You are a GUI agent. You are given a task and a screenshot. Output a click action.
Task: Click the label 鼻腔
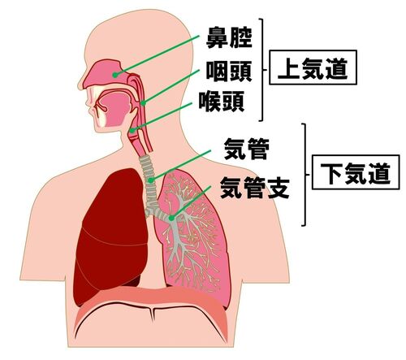[229, 37]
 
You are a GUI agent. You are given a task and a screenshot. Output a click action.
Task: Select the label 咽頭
[229, 71]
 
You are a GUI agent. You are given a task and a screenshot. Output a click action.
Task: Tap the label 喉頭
[222, 102]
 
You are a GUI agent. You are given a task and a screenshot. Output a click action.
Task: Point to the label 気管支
[255, 188]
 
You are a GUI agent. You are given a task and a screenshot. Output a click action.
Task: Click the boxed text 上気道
[313, 67]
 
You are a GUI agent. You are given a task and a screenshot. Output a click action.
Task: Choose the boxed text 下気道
[356, 172]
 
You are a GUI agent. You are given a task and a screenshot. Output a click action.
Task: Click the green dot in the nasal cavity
[115, 75]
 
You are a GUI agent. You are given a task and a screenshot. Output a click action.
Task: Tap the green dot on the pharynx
[144, 103]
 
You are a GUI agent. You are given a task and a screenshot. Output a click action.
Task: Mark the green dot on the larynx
[132, 130]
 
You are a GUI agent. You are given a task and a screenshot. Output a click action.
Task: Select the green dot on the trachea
[151, 180]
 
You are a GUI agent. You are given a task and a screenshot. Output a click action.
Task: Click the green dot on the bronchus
[171, 218]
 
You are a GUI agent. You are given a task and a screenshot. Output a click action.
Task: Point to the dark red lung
[111, 238]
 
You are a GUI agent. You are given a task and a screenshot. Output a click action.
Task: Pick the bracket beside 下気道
[306, 175]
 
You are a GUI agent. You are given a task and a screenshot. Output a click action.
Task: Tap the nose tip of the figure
[79, 85]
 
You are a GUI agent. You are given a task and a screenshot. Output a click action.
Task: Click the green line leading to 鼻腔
[158, 55]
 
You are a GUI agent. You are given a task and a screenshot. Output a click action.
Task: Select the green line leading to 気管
[181, 165]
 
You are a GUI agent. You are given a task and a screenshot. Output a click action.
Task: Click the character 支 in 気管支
[279, 188]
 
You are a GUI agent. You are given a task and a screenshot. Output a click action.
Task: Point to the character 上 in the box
[289, 67]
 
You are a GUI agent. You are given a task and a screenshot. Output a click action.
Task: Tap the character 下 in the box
[331, 172]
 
